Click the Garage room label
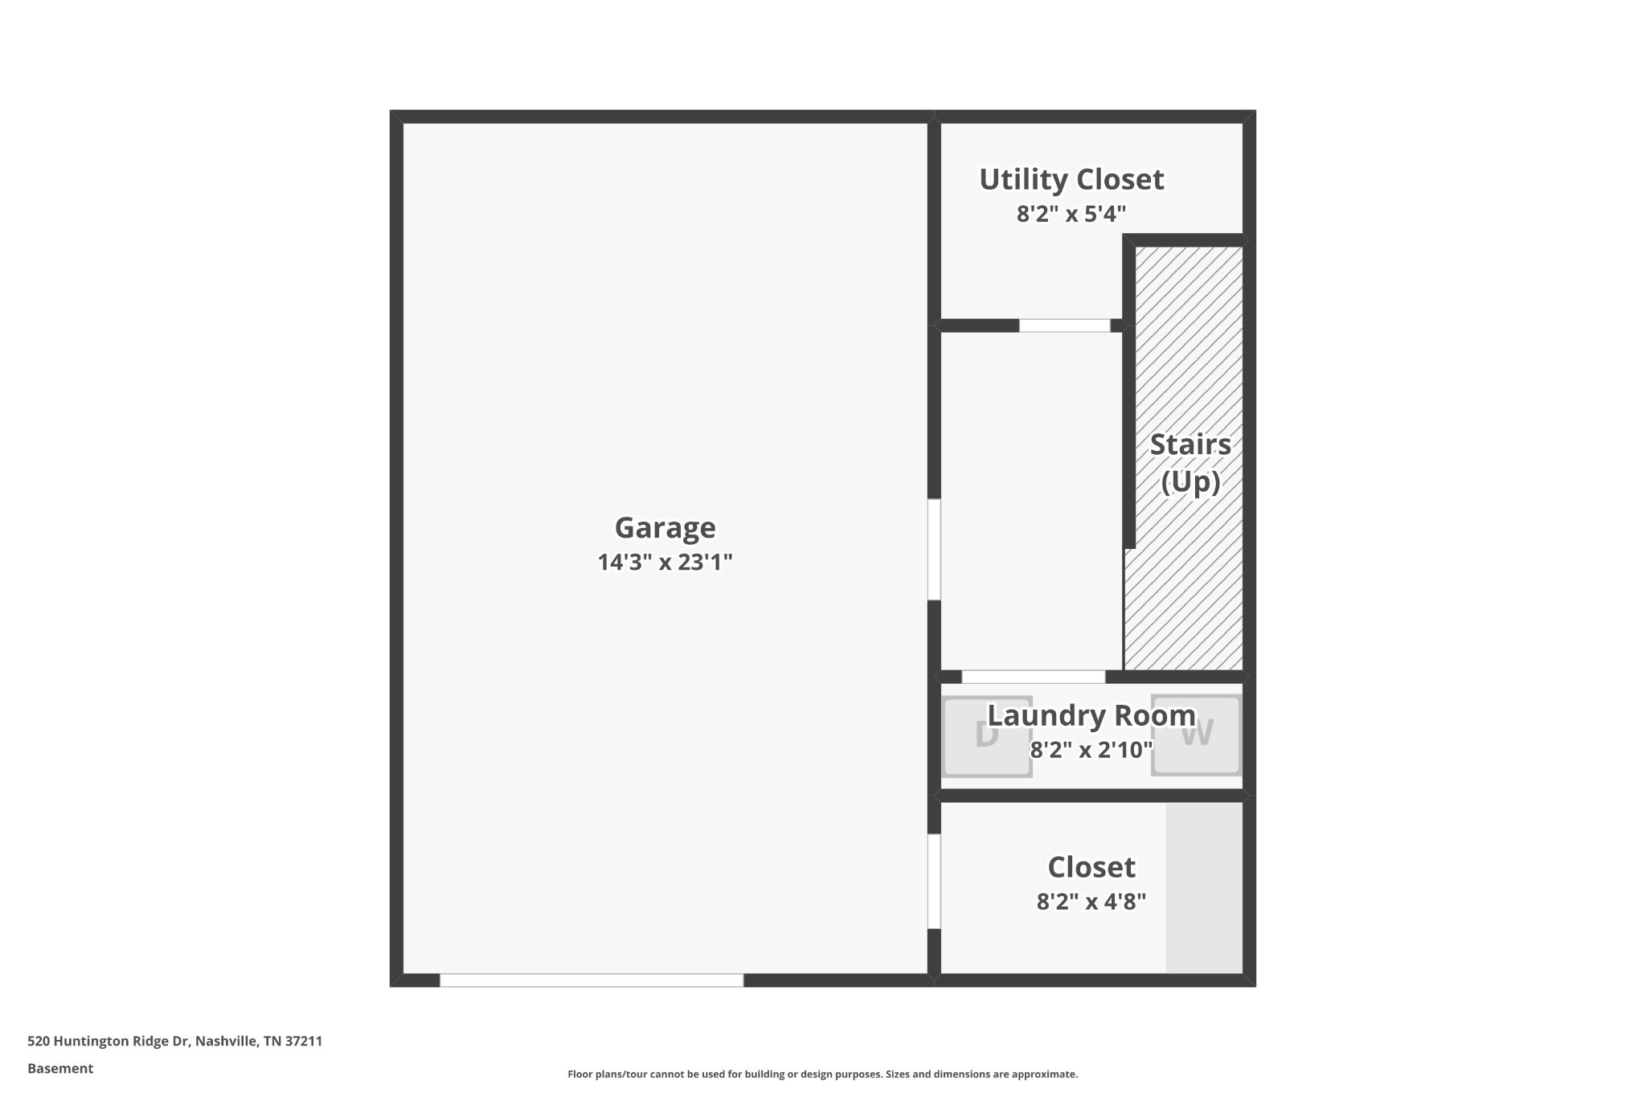pos(665,527)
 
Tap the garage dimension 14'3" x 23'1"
pos(665,562)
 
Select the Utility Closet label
pos(1071,179)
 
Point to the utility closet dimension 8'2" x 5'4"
pos(1071,214)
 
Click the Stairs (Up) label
pos(1189,462)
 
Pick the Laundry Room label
pos(1091,715)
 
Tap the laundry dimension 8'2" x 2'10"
pos(1091,750)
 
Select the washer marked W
pos(1197,736)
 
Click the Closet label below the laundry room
pos(1091,867)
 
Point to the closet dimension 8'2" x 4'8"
pos(1091,902)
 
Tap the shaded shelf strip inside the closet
pos(1204,887)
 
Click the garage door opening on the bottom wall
pos(591,980)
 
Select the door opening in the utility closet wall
pos(1064,325)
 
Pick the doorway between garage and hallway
pos(934,550)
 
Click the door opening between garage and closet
pos(934,882)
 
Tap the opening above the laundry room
pos(1033,677)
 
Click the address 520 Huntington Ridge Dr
pos(174,1042)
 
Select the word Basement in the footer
pos(60,1069)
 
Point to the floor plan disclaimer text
pos(822,1074)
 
